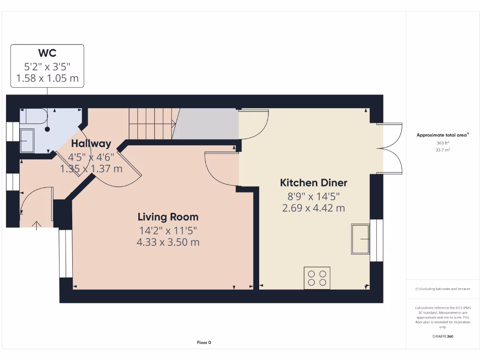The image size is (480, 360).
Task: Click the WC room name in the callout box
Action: pos(47,53)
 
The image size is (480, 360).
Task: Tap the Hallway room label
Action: pos(91,143)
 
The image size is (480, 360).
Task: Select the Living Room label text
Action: pos(168,217)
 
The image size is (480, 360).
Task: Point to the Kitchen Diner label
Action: pos(314,183)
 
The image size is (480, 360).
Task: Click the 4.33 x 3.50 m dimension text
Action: pos(168,242)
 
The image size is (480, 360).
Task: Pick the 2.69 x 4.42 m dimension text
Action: pos(314,208)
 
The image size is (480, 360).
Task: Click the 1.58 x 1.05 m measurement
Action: pos(47,78)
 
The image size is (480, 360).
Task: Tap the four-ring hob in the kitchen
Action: pos(317,278)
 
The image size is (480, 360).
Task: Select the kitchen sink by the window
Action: pos(360,239)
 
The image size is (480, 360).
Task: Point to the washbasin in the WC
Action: pos(27,141)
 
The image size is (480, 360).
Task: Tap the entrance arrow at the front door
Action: pos(37,225)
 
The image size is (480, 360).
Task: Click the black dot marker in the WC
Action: pos(47,129)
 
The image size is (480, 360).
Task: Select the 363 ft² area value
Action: pos(442,143)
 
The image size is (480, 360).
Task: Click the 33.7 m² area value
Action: pos(442,150)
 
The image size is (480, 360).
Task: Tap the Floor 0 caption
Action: pos(204,343)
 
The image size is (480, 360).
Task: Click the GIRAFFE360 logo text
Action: pos(442,336)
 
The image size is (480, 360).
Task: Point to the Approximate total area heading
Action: pos(442,135)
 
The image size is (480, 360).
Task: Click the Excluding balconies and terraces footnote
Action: pos(442,289)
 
